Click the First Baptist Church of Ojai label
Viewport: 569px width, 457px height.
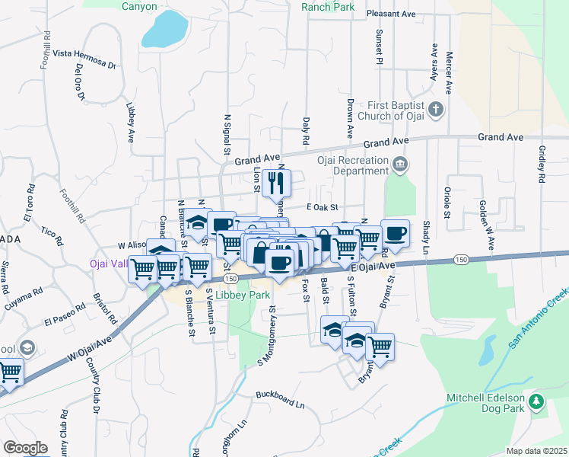389,110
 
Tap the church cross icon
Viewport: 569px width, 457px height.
436,110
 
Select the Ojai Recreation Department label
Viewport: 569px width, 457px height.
353,165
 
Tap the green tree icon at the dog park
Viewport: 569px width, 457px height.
536,401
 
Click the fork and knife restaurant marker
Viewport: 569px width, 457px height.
277,183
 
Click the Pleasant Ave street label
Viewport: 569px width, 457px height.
390,14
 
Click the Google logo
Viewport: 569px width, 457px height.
25,448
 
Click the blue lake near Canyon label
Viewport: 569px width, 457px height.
164,28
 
